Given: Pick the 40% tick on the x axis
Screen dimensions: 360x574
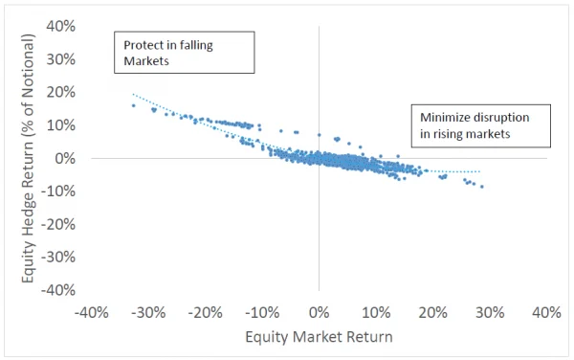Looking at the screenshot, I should pyautogui.click(x=545, y=313).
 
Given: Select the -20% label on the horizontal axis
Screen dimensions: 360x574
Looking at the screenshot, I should pyautogui.click(x=206, y=313).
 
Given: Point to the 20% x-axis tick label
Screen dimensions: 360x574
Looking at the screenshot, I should pyautogui.click(x=432, y=313).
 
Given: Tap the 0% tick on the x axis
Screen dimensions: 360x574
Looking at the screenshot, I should pyautogui.click(x=319, y=313).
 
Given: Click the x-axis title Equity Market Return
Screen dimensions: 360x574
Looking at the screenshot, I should pyautogui.click(x=319, y=337).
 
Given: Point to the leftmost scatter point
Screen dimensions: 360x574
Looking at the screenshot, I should pyautogui.click(x=133, y=105).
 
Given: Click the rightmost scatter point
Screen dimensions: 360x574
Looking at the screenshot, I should pyautogui.click(x=482, y=187).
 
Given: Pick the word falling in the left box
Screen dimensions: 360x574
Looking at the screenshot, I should pyautogui.click(x=200, y=44).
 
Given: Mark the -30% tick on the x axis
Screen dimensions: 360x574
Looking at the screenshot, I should pyautogui.click(x=149, y=313).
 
